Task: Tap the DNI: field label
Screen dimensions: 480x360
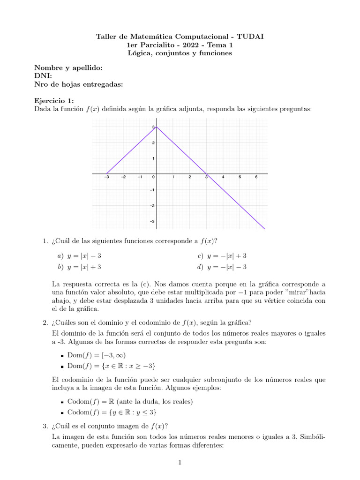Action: point(43,76)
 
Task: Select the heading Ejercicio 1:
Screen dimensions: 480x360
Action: point(54,101)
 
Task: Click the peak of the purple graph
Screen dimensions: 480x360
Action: point(157,127)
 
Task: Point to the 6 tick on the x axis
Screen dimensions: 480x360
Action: point(256,177)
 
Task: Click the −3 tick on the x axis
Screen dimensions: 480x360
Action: point(106,177)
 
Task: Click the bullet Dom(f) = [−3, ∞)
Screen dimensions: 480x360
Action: point(97,355)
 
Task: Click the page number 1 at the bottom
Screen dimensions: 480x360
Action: point(180,463)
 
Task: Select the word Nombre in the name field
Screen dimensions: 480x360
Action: point(47,68)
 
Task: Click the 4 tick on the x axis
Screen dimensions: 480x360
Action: point(223,177)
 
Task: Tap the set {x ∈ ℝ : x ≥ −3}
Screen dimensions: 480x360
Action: point(126,366)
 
